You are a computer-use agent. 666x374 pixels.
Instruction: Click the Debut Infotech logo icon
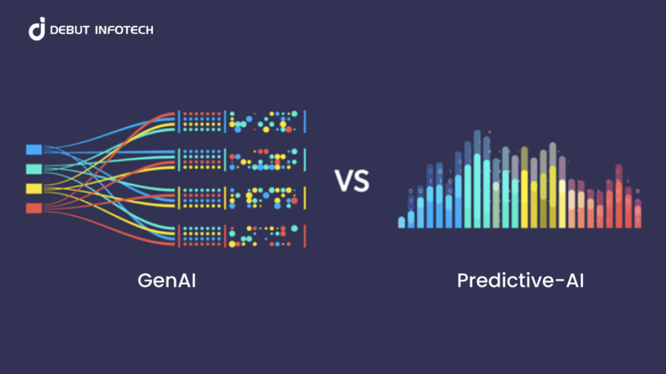pos(37,29)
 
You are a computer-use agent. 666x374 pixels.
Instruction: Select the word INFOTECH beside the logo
pos(123,30)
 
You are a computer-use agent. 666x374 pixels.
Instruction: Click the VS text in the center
pos(352,181)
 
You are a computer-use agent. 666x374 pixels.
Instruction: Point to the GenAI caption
pos(167,281)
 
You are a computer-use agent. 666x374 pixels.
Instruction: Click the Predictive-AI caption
pos(520,281)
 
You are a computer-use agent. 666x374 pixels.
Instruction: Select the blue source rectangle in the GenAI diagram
pos(34,149)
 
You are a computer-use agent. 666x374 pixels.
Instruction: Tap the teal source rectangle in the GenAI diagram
pos(34,168)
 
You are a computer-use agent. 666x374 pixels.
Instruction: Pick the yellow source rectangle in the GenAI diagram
pos(34,188)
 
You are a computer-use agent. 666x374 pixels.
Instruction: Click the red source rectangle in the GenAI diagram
pos(34,208)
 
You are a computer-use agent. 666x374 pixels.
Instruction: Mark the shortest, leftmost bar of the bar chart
pos(401,222)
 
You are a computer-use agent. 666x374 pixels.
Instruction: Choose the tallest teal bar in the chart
pos(477,191)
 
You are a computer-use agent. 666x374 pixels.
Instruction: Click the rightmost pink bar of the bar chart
pos(638,216)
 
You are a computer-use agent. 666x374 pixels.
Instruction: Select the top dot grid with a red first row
pos(201,122)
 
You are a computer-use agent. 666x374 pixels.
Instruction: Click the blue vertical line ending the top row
pos(305,121)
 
